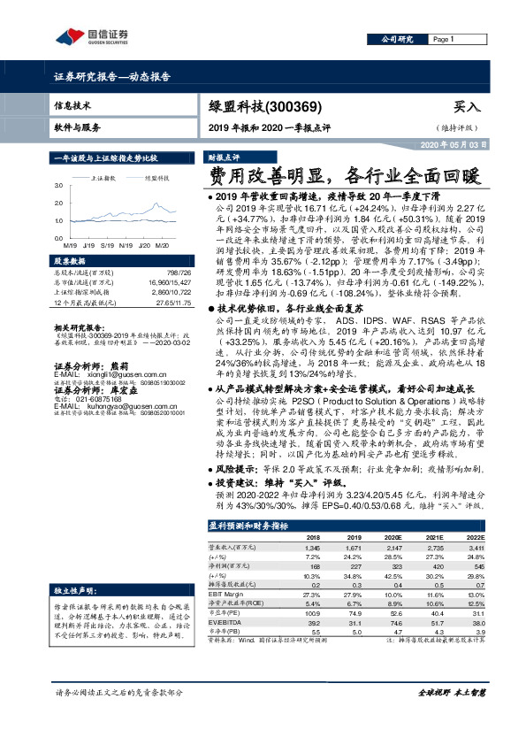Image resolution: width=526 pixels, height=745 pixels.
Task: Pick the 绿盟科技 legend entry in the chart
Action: (156, 178)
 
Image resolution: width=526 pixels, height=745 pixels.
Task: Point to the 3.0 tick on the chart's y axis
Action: (58, 186)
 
